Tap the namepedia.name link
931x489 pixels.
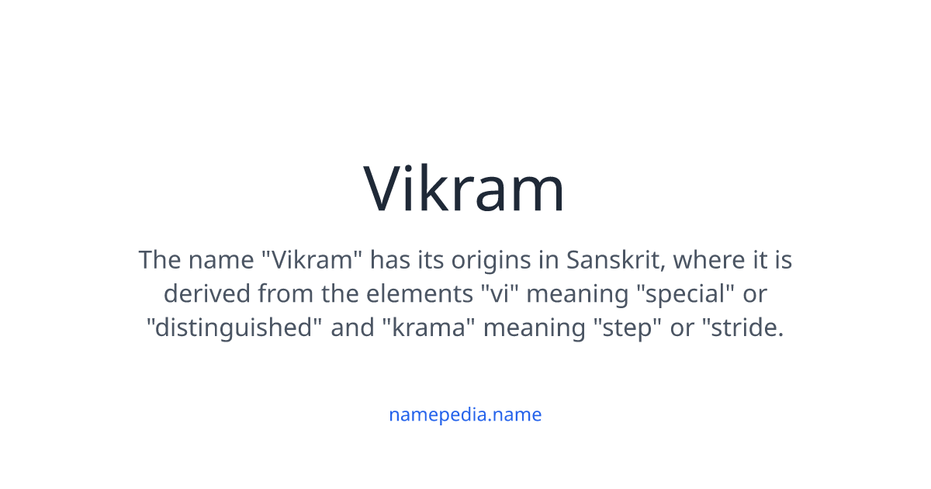(x=465, y=414)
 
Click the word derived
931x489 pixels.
(x=206, y=294)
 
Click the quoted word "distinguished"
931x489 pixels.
(x=234, y=328)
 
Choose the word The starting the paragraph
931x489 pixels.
(x=159, y=260)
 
